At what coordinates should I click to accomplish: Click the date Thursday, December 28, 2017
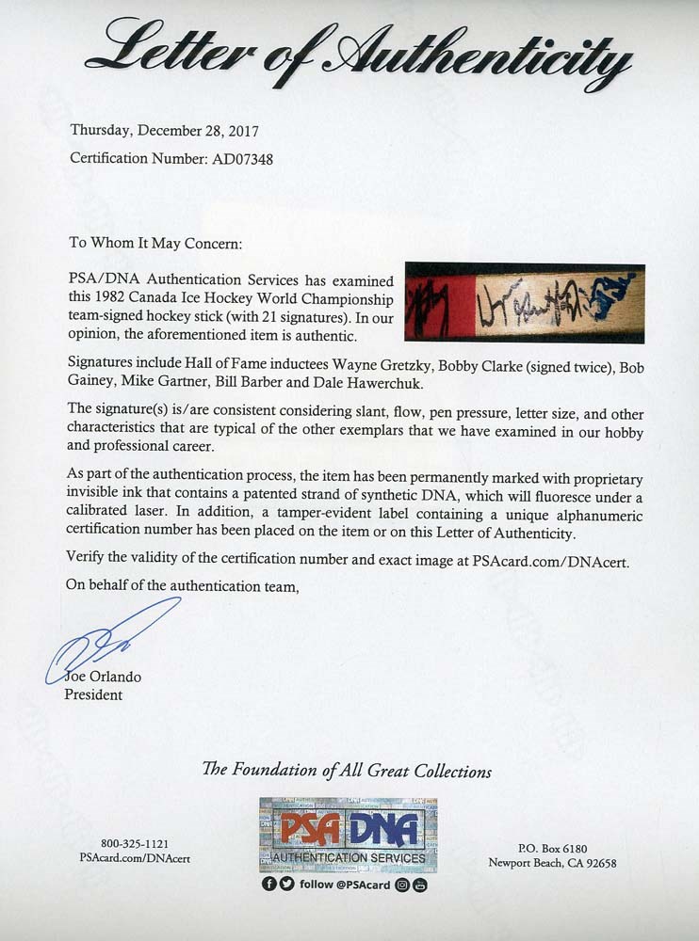click(165, 132)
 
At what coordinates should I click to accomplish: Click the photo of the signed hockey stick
click(524, 301)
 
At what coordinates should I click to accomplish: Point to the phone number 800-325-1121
click(135, 844)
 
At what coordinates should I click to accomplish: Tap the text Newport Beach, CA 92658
click(552, 863)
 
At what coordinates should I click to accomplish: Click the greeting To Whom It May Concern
click(155, 243)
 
